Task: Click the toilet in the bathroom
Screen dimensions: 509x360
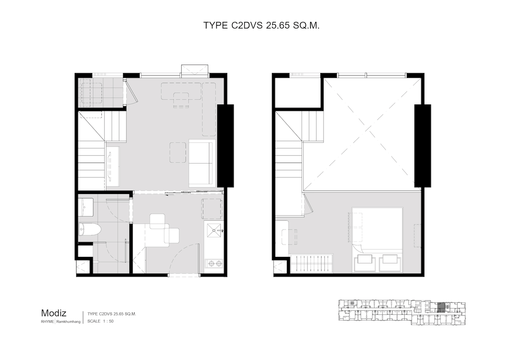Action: [90, 230]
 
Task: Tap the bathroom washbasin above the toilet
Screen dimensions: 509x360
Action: [86, 207]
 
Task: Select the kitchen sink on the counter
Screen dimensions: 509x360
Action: [214, 230]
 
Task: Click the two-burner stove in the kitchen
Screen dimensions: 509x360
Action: [214, 263]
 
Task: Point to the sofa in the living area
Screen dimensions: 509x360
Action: [202, 163]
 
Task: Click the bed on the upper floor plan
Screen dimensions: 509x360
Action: [377, 240]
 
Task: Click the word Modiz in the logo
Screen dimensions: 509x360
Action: [53, 313]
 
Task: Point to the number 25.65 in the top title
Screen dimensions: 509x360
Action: [278, 26]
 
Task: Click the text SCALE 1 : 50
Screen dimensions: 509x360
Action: [101, 321]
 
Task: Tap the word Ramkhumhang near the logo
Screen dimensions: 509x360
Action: [68, 321]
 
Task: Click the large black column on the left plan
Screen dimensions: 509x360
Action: [225, 146]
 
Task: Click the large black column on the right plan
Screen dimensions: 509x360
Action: [422, 146]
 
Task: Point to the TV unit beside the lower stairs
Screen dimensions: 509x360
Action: [113, 167]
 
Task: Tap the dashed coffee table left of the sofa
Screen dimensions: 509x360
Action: [178, 152]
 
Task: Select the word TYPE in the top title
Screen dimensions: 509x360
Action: [215, 26]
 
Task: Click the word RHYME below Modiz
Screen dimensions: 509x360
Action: [47, 321]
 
